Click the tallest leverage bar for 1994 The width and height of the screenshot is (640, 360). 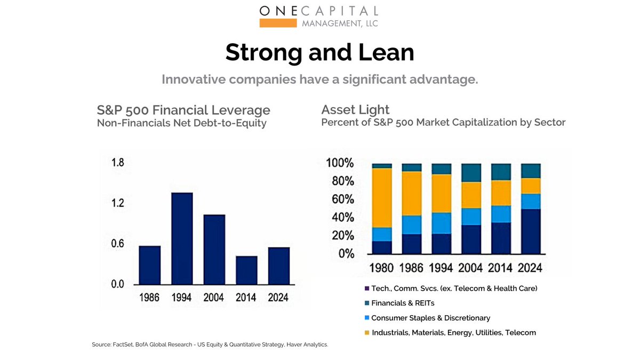coord(182,238)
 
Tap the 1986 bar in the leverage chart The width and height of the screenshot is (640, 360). coord(149,265)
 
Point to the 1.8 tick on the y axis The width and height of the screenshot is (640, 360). coord(117,163)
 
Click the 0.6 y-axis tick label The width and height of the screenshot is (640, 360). coord(117,244)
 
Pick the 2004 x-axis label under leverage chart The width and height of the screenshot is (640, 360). coord(214,298)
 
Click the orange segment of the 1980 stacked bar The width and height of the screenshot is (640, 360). coord(382,198)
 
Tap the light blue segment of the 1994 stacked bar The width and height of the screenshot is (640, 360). coord(441,223)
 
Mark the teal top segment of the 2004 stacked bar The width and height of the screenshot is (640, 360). coord(471,173)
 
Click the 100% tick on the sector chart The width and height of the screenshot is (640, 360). coord(340,163)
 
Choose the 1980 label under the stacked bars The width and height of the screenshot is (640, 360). coord(382,267)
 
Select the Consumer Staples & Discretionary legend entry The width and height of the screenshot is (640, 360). coord(430,318)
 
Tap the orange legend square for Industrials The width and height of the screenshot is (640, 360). coord(367,333)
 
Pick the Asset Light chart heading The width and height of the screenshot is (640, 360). coord(355,110)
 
